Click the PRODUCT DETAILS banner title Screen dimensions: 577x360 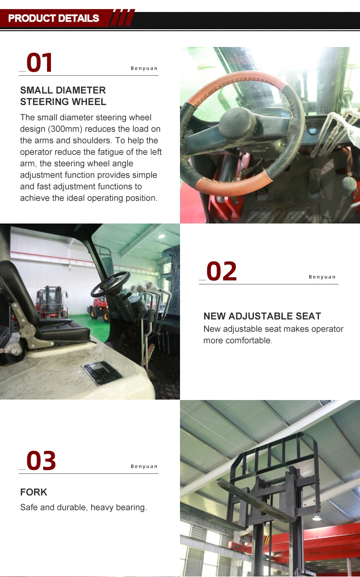(54, 19)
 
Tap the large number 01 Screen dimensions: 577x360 (39, 63)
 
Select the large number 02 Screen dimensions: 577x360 (221, 271)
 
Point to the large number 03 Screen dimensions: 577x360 (41, 461)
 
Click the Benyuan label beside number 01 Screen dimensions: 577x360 (144, 69)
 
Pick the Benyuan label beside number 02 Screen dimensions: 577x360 (322, 277)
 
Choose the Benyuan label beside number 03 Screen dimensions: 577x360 (144, 467)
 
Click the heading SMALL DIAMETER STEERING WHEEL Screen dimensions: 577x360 (63, 96)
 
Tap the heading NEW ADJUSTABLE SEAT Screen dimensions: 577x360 (262, 316)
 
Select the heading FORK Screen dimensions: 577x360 (34, 492)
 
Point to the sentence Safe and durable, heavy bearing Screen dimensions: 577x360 (83, 507)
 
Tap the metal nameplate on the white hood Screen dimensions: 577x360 (102, 373)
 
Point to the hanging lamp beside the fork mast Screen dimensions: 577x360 (316, 517)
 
